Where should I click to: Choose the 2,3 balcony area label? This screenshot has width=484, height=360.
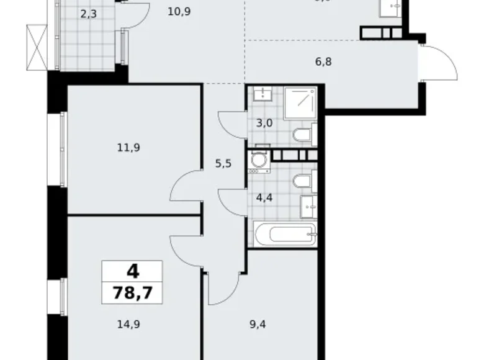pos(87,12)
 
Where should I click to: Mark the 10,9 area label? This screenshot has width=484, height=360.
pos(179,11)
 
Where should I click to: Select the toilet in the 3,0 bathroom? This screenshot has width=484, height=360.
pos(303,135)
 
